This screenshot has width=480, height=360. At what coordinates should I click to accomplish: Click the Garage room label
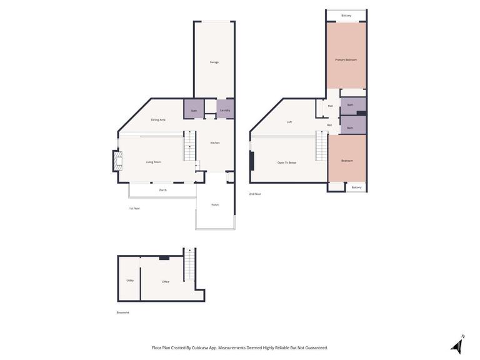click(214, 62)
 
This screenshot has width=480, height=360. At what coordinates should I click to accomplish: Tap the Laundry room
click(225, 110)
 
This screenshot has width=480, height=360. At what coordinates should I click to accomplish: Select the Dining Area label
click(158, 119)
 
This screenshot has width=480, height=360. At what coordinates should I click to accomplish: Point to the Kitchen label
click(214, 142)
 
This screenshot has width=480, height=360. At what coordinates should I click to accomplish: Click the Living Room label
click(153, 162)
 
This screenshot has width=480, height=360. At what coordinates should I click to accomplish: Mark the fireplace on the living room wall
click(116, 161)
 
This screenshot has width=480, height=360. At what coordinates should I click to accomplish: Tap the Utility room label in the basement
click(130, 281)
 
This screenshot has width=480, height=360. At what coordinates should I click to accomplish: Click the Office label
click(166, 281)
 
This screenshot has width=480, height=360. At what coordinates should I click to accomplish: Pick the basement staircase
click(189, 264)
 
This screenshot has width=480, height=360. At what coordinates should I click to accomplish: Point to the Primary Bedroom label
click(346, 59)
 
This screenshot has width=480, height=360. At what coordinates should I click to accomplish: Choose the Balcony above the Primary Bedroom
click(346, 15)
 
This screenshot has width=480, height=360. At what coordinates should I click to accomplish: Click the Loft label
click(289, 122)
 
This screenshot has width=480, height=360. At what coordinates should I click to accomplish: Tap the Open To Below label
click(287, 162)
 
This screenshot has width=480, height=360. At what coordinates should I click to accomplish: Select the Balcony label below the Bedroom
click(356, 187)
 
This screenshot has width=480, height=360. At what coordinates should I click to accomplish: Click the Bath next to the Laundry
click(194, 111)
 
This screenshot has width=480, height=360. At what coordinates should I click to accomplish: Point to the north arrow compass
click(457, 346)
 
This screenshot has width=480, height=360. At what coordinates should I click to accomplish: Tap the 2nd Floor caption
click(255, 194)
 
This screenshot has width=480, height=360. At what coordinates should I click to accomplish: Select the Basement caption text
click(123, 312)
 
